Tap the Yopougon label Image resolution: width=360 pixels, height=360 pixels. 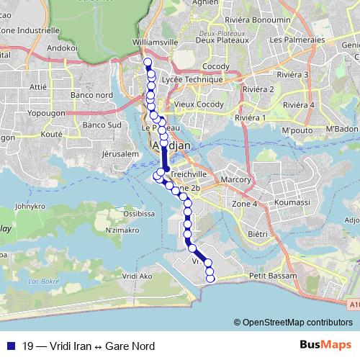tap(47, 113)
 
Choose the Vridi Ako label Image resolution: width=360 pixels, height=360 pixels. tap(138, 276)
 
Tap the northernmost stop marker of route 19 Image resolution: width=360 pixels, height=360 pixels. tap(148, 63)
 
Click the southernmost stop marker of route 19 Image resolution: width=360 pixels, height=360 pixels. tap(210, 278)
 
